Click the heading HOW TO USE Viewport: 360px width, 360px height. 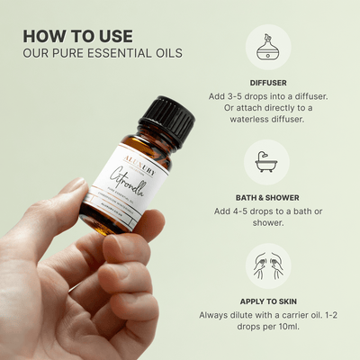click(77, 36)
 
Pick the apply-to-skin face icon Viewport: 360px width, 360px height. click(267, 266)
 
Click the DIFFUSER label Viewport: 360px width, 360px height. click(267, 82)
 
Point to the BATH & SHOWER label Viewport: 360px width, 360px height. click(267, 196)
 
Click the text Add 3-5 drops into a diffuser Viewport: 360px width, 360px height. click(267, 94)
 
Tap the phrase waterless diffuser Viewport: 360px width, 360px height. click(267, 120)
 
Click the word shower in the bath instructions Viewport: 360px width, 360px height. click(267, 224)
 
